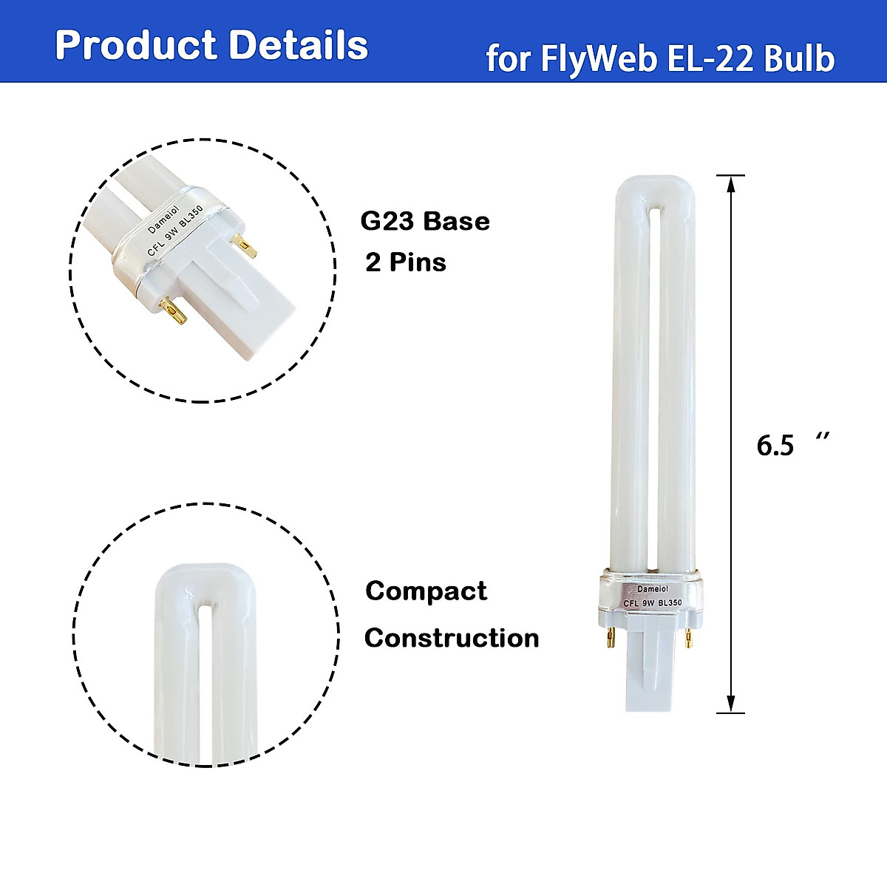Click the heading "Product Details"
(211, 45)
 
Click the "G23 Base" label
(425, 221)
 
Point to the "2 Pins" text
(406, 262)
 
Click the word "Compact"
(426, 591)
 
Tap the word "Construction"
(452, 638)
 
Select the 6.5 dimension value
(775, 445)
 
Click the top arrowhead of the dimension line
(730, 183)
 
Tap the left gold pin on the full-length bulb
(611, 638)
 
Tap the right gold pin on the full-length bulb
(688, 638)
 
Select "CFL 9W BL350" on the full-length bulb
(652, 602)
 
